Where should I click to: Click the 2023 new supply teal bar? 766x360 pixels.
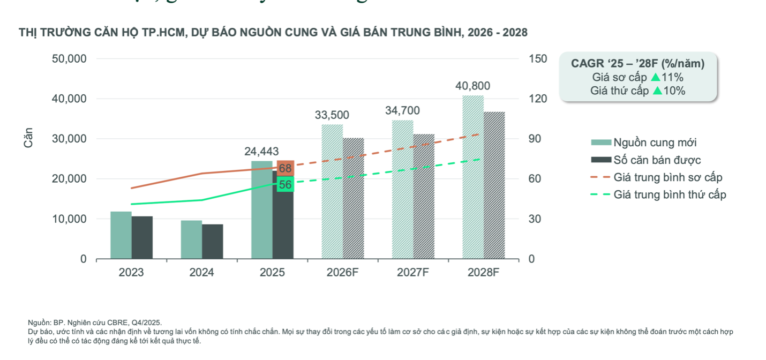[121, 235]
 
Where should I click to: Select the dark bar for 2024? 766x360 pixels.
[212, 242]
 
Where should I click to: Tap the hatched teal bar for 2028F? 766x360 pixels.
[473, 177]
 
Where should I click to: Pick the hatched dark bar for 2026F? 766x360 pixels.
[354, 199]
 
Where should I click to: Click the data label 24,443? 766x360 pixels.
[261, 152]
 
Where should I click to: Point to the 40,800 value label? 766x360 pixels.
[472, 86]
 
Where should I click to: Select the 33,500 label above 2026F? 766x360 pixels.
[332, 115]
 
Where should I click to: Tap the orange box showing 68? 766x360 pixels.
[286, 169]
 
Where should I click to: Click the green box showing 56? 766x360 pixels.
[286, 185]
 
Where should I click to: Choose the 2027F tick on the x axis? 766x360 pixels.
[412, 273]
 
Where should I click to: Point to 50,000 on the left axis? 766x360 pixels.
[69, 59]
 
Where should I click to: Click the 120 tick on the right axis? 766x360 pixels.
[537, 99]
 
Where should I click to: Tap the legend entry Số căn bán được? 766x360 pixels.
[657, 160]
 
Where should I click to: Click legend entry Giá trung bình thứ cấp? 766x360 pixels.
[670, 194]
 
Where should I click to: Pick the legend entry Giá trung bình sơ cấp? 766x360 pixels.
[667, 177]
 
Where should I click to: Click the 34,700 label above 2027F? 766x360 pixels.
[402, 111]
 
